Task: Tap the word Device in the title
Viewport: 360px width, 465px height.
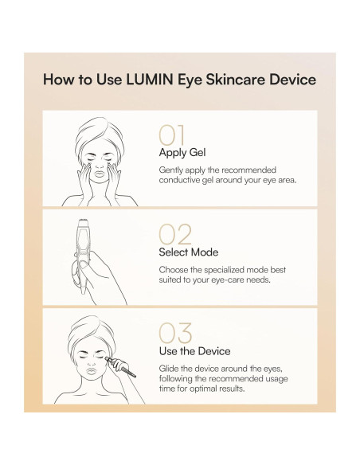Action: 292,80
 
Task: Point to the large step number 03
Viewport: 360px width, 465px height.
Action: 175,332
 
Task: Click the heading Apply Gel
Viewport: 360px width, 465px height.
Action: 181,152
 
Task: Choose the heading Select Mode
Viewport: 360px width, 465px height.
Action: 188,252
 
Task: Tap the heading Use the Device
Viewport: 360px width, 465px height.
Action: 194,350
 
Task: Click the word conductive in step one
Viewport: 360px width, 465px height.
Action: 182,181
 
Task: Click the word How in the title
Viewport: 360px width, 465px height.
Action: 58,80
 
